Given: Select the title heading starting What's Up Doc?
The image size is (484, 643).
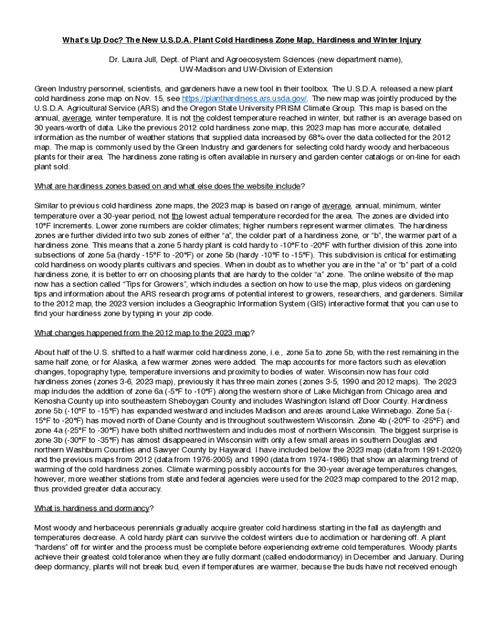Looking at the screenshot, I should click(x=241, y=40).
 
